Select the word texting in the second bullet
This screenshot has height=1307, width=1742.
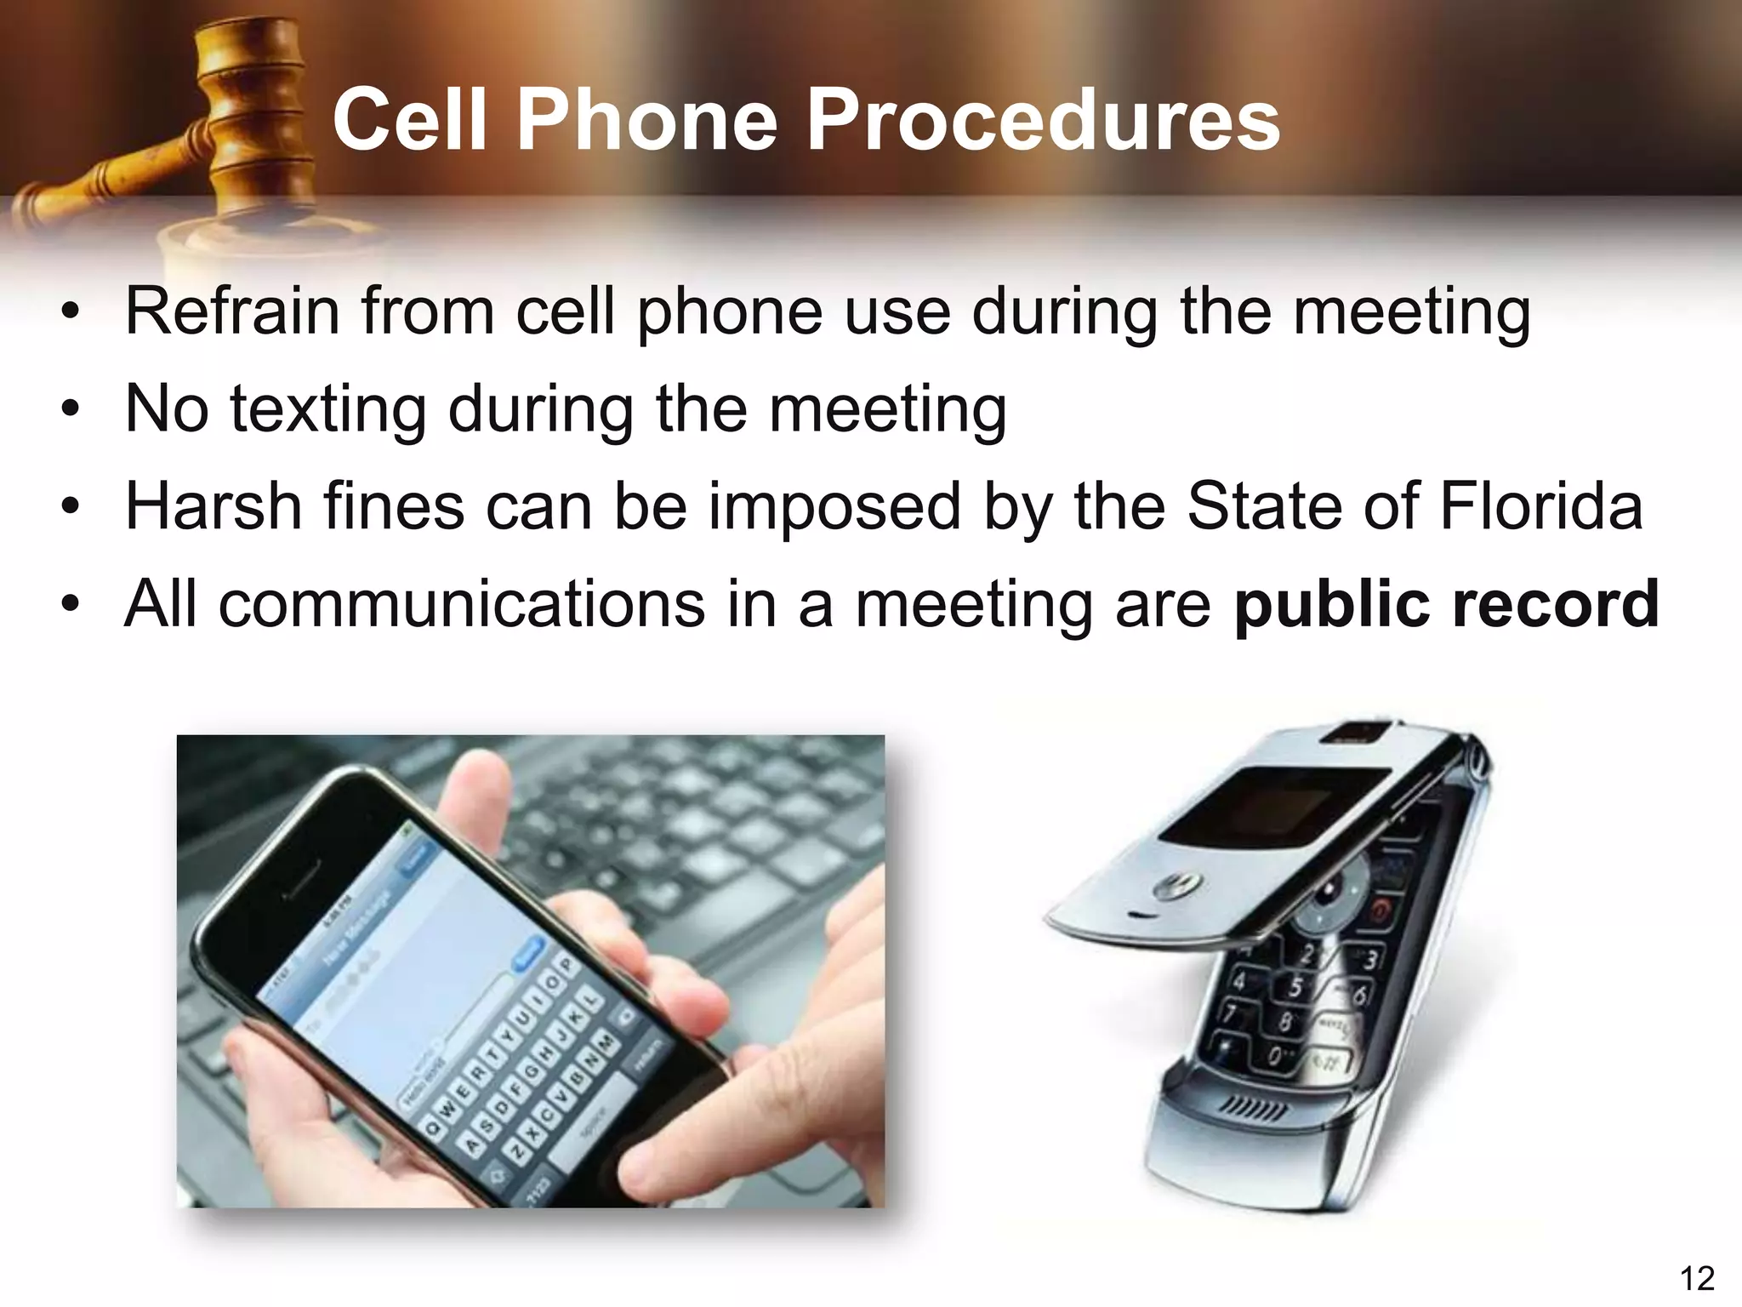coord(328,409)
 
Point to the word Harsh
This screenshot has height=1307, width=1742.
coord(212,506)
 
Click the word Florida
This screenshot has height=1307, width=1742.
coord(1540,506)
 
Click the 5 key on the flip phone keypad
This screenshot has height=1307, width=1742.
coord(1295,988)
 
